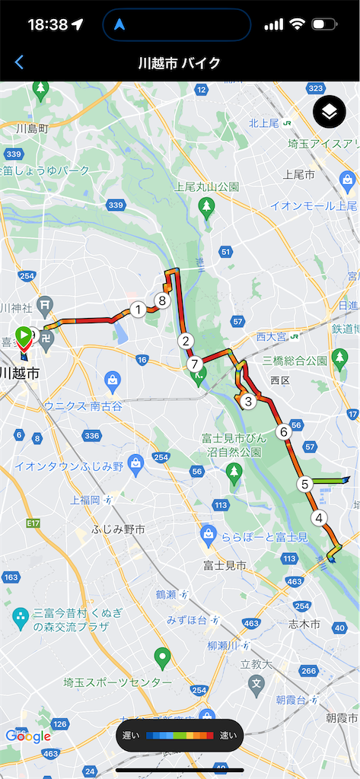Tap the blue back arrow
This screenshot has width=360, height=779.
click(x=19, y=62)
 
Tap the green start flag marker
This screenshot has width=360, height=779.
click(x=24, y=334)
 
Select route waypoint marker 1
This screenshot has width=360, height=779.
click(x=138, y=309)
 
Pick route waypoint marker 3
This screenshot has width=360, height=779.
click(x=247, y=401)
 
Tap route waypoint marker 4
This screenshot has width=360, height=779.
click(x=318, y=518)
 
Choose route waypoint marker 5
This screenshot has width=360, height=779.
click(x=304, y=484)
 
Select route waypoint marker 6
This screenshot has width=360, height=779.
click(x=283, y=432)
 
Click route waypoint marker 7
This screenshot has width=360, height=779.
click(x=194, y=364)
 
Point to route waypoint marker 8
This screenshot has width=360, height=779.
click(x=161, y=300)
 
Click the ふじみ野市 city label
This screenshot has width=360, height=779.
click(x=118, y=529)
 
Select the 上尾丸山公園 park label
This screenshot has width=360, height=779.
click(x=207, y=186)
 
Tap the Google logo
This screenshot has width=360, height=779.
click(x=28, y=736)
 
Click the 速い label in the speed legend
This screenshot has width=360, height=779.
click(x=228, y=736)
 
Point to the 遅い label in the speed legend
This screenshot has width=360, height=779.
click(x=132, y=736)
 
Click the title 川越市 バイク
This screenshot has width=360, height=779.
click(x=180, y=62)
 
